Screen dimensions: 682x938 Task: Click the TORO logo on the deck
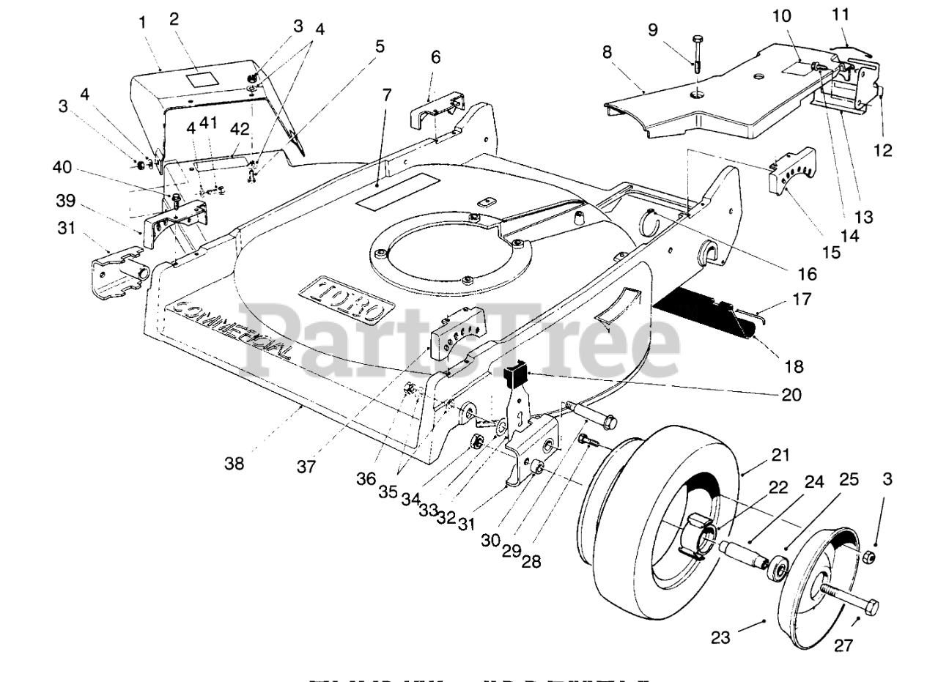click(x=342, y=298)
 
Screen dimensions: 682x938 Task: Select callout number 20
click(x=791, y=395)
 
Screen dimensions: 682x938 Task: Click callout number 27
click(x=842, y=644)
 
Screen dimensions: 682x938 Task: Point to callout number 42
click(x=240, y=129)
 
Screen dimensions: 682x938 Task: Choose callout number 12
click(x=883, y=150)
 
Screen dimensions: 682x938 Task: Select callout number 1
click(x=142, y=22)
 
